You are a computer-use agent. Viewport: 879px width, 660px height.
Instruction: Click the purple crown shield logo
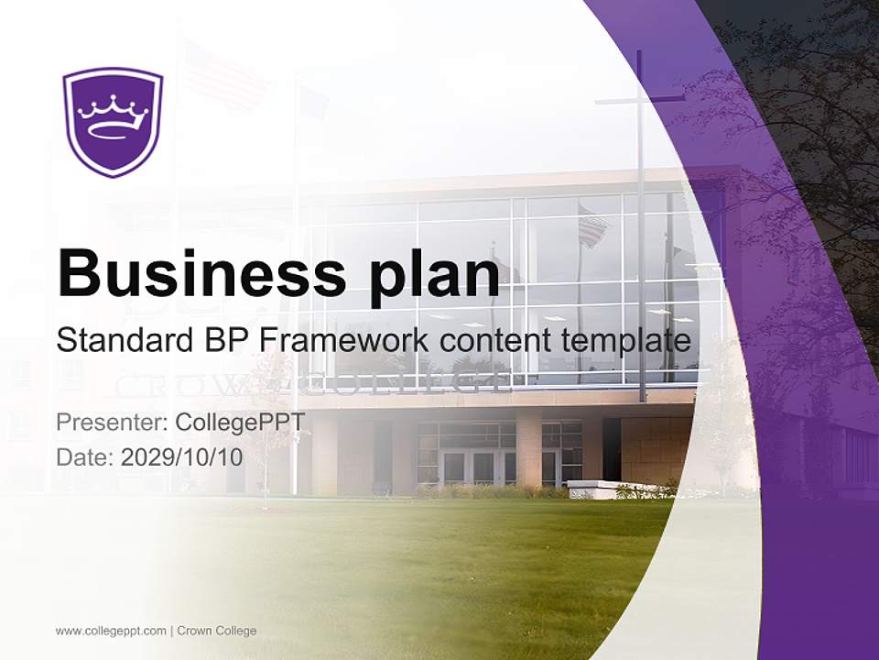click(112, 121)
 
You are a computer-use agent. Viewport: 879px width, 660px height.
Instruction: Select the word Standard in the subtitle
click(121, 340)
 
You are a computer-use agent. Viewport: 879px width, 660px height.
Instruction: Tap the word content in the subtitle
click(487, 340)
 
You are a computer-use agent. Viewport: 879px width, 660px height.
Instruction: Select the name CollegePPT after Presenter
click(240, 423)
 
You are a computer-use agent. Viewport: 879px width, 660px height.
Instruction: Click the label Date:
click(85, 457)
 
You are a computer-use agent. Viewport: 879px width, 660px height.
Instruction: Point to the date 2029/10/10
click(182, 457)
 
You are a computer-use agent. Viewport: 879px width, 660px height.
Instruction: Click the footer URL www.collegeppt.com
click(111, 631)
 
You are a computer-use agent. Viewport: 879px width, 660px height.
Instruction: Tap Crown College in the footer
click(217, 631)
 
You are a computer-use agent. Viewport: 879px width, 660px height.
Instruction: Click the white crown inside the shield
click(113, 112)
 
